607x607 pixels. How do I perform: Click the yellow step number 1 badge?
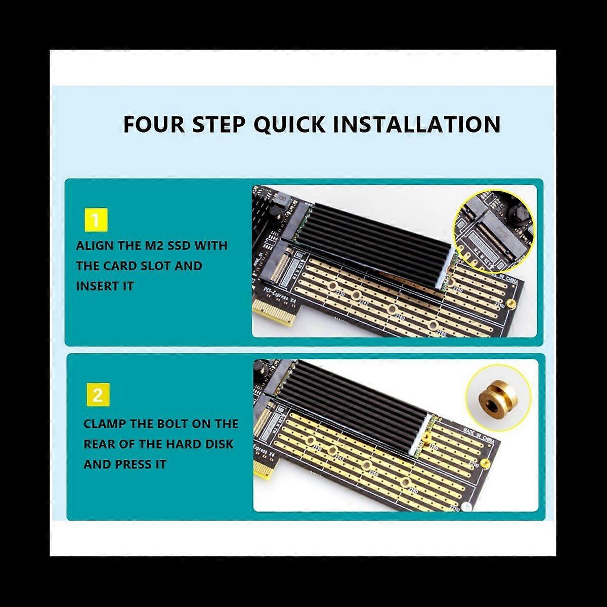click(x=96, y=221)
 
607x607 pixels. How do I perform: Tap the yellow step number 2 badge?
click(x=97, y=395)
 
